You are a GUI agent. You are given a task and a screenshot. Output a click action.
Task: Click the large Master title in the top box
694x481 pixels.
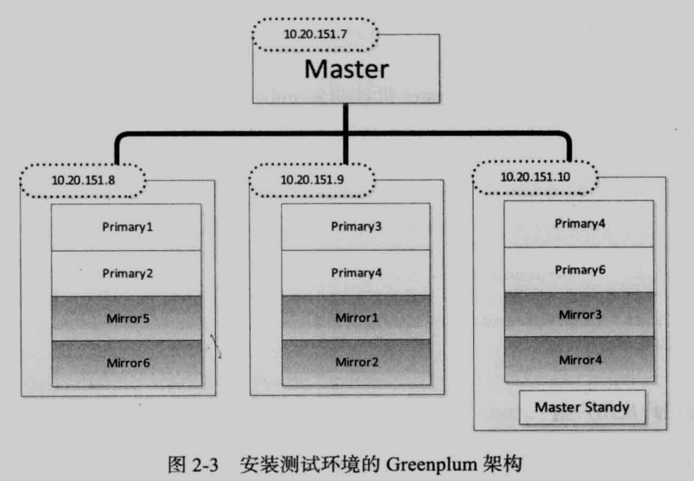pos(346,68)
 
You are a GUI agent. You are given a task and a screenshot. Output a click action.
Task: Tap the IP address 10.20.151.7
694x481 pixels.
pos(316,34)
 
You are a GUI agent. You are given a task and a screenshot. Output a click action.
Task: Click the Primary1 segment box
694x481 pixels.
pos(127,227)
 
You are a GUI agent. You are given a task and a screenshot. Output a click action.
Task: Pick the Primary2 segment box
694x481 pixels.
pos(127,272)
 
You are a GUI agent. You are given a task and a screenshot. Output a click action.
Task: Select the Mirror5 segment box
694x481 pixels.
pos(127,317)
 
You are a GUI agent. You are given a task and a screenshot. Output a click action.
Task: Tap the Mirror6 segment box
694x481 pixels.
pos(127,363)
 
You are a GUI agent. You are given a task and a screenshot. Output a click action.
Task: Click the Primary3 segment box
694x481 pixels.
pos(356,227)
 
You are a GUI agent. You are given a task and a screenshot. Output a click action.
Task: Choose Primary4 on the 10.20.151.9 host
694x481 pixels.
pos(356,272)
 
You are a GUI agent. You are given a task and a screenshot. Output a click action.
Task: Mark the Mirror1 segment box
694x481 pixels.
pos(356,317)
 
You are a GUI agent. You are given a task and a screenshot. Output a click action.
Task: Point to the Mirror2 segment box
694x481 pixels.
pos(356,363)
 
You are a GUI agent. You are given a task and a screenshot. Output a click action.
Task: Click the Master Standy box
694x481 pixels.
pos(582,407)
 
